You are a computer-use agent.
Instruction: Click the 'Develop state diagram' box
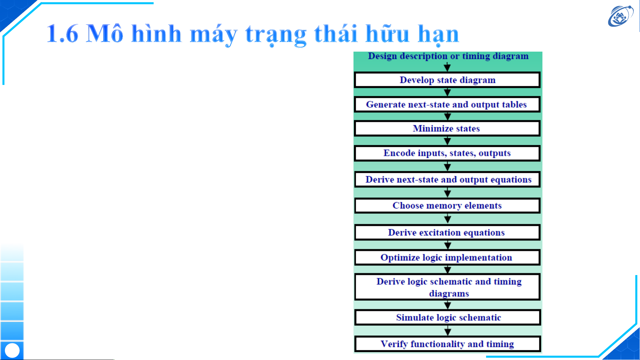[x=447, y=80]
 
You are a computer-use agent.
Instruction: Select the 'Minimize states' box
[x=447, y=129]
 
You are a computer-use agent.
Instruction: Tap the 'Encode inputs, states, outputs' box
[x=447, y=153]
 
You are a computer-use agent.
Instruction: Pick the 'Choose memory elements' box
[x=447, y=205]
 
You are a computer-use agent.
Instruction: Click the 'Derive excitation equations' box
[x=447, y=232]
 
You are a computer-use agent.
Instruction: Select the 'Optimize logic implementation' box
[x=447, y=257]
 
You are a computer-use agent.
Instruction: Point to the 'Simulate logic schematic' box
[x=447, y=317]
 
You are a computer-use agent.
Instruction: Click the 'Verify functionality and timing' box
[x=447, y=344]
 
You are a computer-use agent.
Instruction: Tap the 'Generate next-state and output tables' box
[x=447, y=105]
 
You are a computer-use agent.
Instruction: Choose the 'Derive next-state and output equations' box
[x=447, y=180]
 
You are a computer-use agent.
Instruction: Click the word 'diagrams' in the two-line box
[x=449, y=294]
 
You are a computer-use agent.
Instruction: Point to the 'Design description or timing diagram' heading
[x=448, y=56]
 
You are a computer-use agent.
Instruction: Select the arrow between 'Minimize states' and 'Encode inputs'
[x=447, y=141]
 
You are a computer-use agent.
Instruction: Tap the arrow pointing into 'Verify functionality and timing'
[x=447, y=331]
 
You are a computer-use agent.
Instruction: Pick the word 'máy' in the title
[x=214, y=35]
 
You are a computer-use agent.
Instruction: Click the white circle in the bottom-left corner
[x=12, y=351]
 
